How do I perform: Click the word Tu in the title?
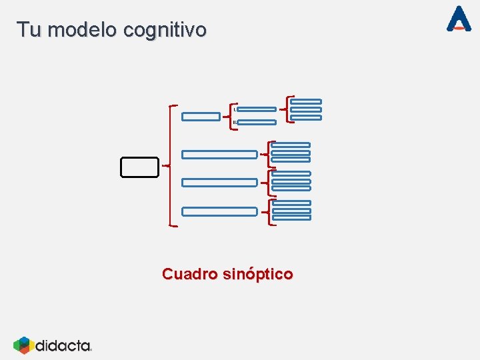tap(28, 30)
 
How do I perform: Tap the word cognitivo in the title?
tap(165, 30)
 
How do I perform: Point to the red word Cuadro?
tap(189, 274)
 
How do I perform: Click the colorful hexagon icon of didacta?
tap(23, 345)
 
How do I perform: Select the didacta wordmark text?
tap(63, 345)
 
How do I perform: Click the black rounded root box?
tap(139, 167)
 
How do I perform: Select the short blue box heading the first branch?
tap(201, 117)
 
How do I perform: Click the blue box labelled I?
tap(256, 109)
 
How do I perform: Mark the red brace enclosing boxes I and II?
tap(231, 115)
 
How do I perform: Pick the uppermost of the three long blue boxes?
tap(219, 155)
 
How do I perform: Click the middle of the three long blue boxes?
tap(219, 182)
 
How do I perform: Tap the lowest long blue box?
tap(219, 211)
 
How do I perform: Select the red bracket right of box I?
tap(287, 108)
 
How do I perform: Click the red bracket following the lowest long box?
tap(268, 212)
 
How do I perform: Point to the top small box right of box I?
tap(306, 101)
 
